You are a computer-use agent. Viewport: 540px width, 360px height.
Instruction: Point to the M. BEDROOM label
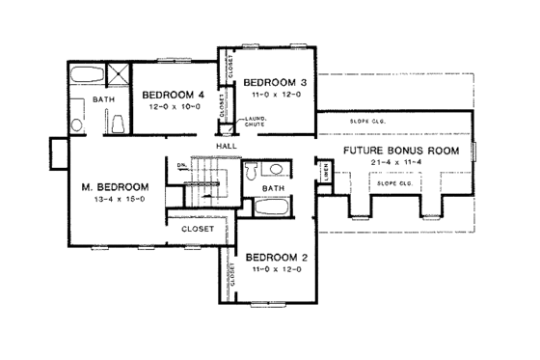(x=115, y=186)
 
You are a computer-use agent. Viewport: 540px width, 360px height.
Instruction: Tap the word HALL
(x=227, y=145)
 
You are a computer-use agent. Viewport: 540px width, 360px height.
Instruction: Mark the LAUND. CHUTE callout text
(x=244, y=122)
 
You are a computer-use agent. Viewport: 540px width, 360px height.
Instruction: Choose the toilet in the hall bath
(x=251, y=171)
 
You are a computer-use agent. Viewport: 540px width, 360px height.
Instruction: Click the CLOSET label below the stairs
(x=197, y=230)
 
